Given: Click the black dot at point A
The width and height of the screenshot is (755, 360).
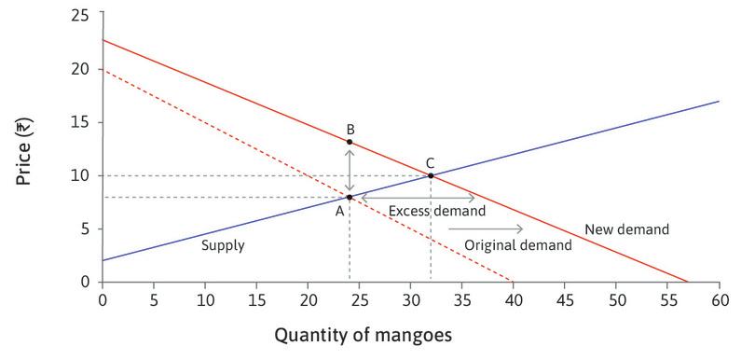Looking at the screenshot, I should point(350,197).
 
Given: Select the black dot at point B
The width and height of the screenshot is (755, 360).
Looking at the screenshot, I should point(350,142).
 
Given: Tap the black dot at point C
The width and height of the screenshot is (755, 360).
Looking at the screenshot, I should point(431,175).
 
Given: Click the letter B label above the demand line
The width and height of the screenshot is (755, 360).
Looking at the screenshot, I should point(350,128).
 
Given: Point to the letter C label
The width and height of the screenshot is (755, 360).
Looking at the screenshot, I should point(430,161).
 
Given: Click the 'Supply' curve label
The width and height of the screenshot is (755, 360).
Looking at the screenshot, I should point(223,246).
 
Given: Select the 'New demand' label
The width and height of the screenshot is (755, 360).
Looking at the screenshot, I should point(626,228).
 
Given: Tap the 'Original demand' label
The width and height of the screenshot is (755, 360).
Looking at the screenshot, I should point(518,244).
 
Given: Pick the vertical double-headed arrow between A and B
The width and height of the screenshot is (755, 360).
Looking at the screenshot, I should point(350,169).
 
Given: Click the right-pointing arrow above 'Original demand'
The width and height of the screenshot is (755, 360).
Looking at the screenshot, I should point(499,228).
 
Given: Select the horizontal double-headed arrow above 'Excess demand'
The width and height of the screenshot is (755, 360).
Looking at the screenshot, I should point(418,197).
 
